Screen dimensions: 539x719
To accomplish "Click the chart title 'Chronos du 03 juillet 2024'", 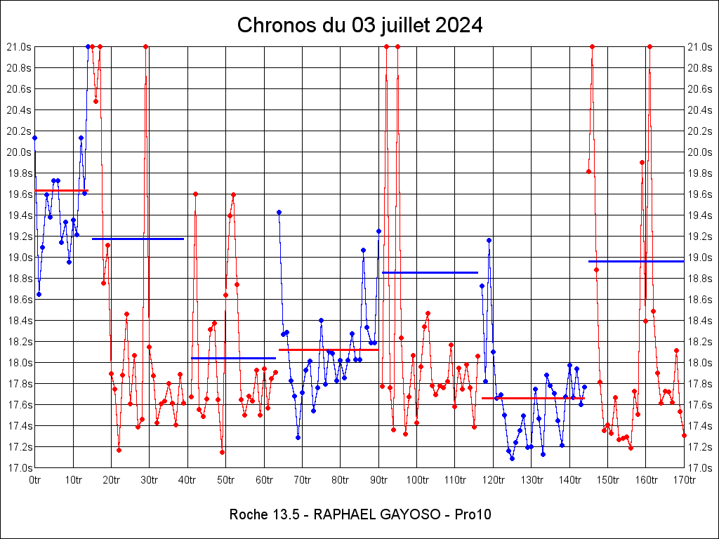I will click(x=359, y=25).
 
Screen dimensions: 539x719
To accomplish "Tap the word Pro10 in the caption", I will click(x=473, y=514).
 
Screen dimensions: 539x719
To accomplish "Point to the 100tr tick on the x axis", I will click(x=417, y=480).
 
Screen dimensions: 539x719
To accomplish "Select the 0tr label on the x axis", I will click(x=35, y=480).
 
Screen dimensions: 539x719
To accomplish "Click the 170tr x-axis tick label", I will click(x=684, y=480).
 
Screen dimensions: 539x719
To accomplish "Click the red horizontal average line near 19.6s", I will click(x=61, y=191).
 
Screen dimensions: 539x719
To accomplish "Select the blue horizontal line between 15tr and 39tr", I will click(x=138, y=239).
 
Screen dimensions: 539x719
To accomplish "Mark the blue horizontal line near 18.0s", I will click(x=233, y=358).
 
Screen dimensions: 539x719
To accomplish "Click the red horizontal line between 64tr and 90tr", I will click(x=329, y=350).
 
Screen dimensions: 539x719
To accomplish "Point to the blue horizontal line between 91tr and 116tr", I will click(x=430, y=272).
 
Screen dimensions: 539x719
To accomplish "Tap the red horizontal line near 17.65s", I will click(x=533, y=398).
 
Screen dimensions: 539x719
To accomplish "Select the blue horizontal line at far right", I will click(x=636, y=261).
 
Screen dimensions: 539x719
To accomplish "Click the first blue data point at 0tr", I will click(x=35, y=138).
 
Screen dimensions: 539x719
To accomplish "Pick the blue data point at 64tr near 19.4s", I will click(x=279, y=212).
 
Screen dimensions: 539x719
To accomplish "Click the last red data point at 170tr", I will click(x=684, y=435).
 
